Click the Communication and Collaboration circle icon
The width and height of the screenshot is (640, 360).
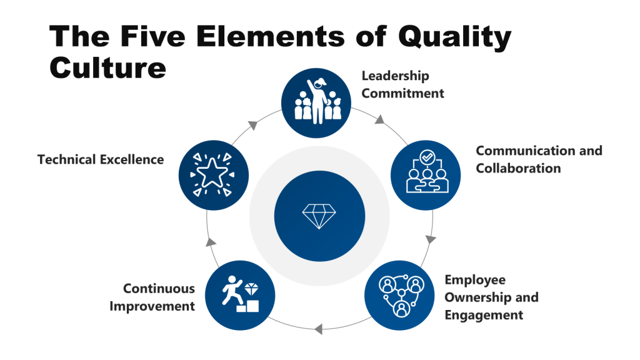point(426,174)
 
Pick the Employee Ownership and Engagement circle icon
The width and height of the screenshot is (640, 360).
point(399,294)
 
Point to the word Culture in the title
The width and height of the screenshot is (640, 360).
point(108,67)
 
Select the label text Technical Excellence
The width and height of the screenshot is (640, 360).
point(101,159)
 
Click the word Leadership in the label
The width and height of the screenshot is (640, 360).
point(396,76)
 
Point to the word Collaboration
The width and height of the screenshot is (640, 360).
point(518,168)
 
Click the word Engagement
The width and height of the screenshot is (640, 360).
point(484,315)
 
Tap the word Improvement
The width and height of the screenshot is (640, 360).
point(152,306)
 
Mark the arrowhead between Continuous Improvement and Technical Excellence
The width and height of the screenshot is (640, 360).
point(211,241)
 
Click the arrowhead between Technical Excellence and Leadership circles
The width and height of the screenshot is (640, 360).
point(253,124)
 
